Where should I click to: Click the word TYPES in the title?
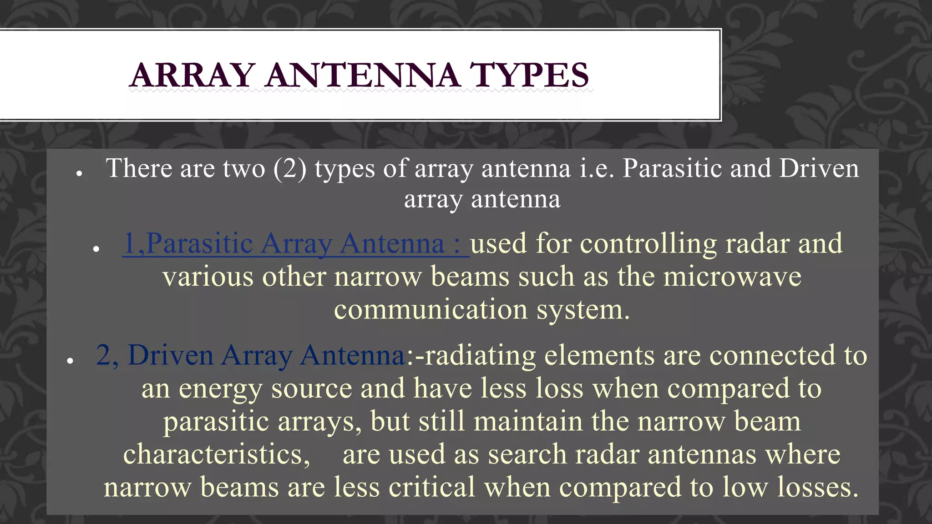[x=529, y=75]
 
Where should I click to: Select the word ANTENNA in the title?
[x=363, y=75]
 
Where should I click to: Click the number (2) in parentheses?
[x=290, y=169]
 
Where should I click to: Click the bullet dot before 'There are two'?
[x=79, y=173]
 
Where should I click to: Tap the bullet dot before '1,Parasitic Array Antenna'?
[x=96, y=249]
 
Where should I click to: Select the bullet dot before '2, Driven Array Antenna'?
[x=70, y=361]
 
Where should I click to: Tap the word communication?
[x=431, y=310]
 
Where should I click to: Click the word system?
[x=583, y=310]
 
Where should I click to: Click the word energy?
[x=220, y=389]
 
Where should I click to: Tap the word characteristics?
[x=217, y=454]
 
